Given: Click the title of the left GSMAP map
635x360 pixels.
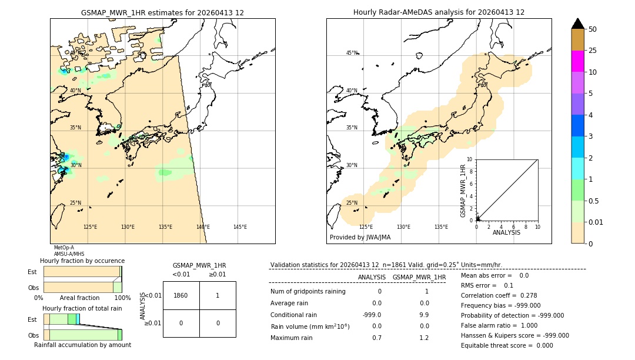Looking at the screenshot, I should click(162, 12).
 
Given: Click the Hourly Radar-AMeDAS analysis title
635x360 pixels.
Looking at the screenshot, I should click(439, 12).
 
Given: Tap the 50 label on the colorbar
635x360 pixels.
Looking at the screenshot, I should click(593, 29).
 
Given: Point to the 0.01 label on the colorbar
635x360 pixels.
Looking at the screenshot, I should click(596, 222).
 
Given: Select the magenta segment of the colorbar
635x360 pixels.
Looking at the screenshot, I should click(577, 61).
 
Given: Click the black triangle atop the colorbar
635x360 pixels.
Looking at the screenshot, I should click(577, 24).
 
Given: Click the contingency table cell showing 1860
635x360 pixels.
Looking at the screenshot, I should click(181, 295).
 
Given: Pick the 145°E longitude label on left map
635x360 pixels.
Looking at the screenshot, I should click(240, 227).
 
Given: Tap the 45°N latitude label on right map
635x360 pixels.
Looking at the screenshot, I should click(352, 53).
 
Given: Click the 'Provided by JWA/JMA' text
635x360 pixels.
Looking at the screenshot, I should click(360, 238).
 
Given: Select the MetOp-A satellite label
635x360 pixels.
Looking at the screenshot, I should click(64, 248).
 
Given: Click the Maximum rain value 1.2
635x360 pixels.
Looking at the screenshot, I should click(424, 338).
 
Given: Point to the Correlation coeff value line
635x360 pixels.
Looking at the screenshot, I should click(499, 295).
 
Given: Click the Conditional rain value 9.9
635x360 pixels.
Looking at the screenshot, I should click(424, 315).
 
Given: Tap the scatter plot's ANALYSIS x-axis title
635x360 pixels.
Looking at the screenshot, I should click(506, 232).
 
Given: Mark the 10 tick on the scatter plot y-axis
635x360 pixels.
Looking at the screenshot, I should click(470, 159).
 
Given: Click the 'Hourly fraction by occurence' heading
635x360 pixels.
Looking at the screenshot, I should click(82, 261).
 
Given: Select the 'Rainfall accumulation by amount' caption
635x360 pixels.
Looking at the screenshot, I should click(82, 345).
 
